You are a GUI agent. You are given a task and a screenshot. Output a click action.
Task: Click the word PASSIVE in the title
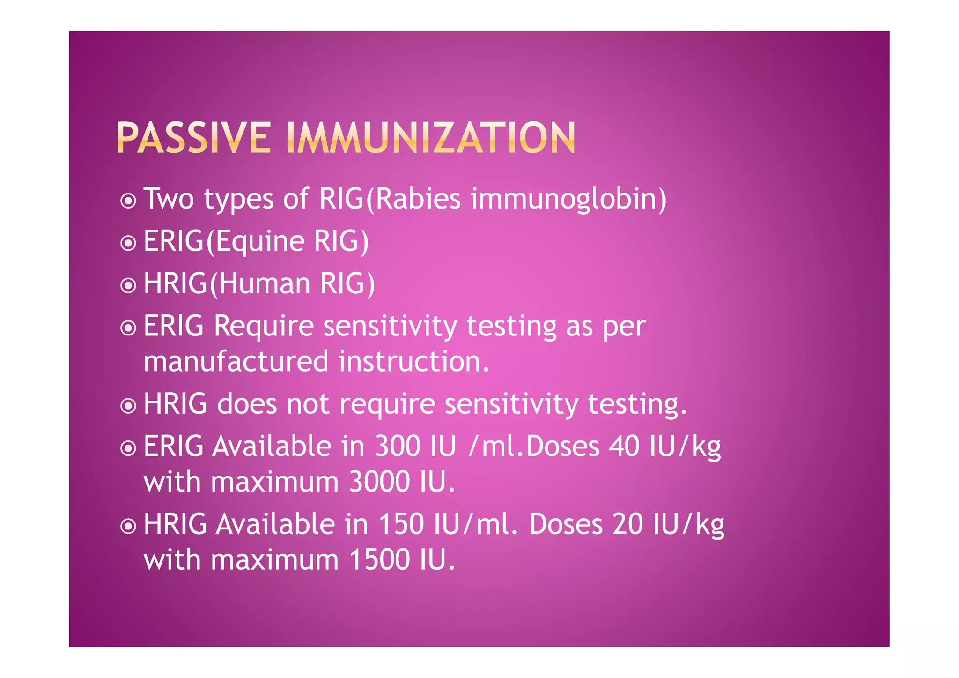(193, 138)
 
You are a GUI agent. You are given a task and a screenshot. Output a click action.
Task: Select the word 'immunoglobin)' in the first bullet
(568, 199)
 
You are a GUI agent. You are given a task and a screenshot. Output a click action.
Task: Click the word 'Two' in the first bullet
(169, 198)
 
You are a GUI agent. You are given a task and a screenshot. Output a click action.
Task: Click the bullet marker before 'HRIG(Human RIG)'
(128, 285)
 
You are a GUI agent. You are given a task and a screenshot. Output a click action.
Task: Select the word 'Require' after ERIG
(264, 326)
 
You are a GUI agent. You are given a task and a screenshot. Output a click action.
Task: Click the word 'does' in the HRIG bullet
(247, 403)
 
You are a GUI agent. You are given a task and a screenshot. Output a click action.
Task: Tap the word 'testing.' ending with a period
(637, 403)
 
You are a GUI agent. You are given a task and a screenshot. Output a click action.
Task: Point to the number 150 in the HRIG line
(401, 524)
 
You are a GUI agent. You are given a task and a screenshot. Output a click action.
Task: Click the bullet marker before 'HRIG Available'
(128, 526)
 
